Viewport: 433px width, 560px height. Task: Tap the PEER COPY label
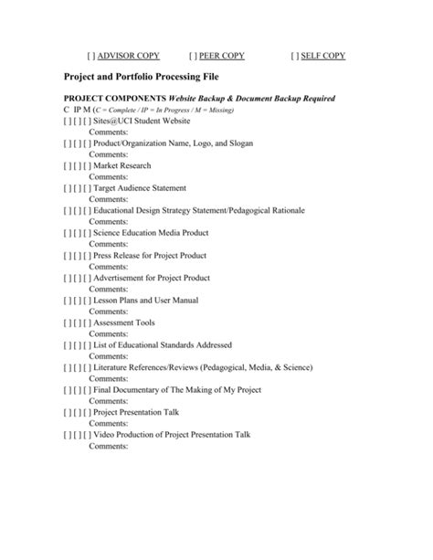tap(223, 56)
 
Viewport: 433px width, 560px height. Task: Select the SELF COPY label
tap(324, 56)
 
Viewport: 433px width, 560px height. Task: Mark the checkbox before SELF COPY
tap(294, 56)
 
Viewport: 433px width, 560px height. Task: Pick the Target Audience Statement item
tap(139, 188)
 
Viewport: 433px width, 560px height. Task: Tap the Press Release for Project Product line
tap(150, 255)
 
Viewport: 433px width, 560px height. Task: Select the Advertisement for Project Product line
tap(152, 278)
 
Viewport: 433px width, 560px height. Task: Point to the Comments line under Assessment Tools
tap(108, 333)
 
